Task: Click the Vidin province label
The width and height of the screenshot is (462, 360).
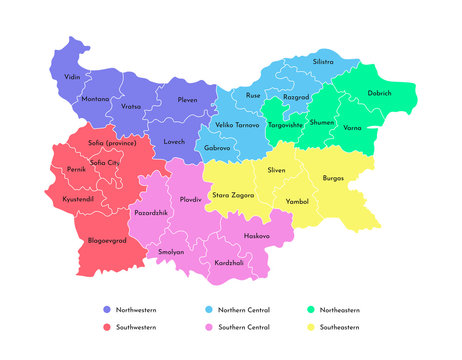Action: tap(72, 76)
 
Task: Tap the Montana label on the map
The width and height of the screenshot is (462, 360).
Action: tap(96, 99)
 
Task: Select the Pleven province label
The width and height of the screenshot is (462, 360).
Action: tap(188, 100)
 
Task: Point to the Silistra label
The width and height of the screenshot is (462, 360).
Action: tap(323, 62)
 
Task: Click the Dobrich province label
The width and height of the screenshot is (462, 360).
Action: tap(380, 93)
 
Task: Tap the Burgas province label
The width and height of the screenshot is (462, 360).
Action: tap(333, 178)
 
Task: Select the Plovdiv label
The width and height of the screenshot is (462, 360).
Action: tap(190, 200)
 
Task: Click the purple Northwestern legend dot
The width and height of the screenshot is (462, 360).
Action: tap(107, 311)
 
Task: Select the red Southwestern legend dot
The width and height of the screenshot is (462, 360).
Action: tap(107, 327)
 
